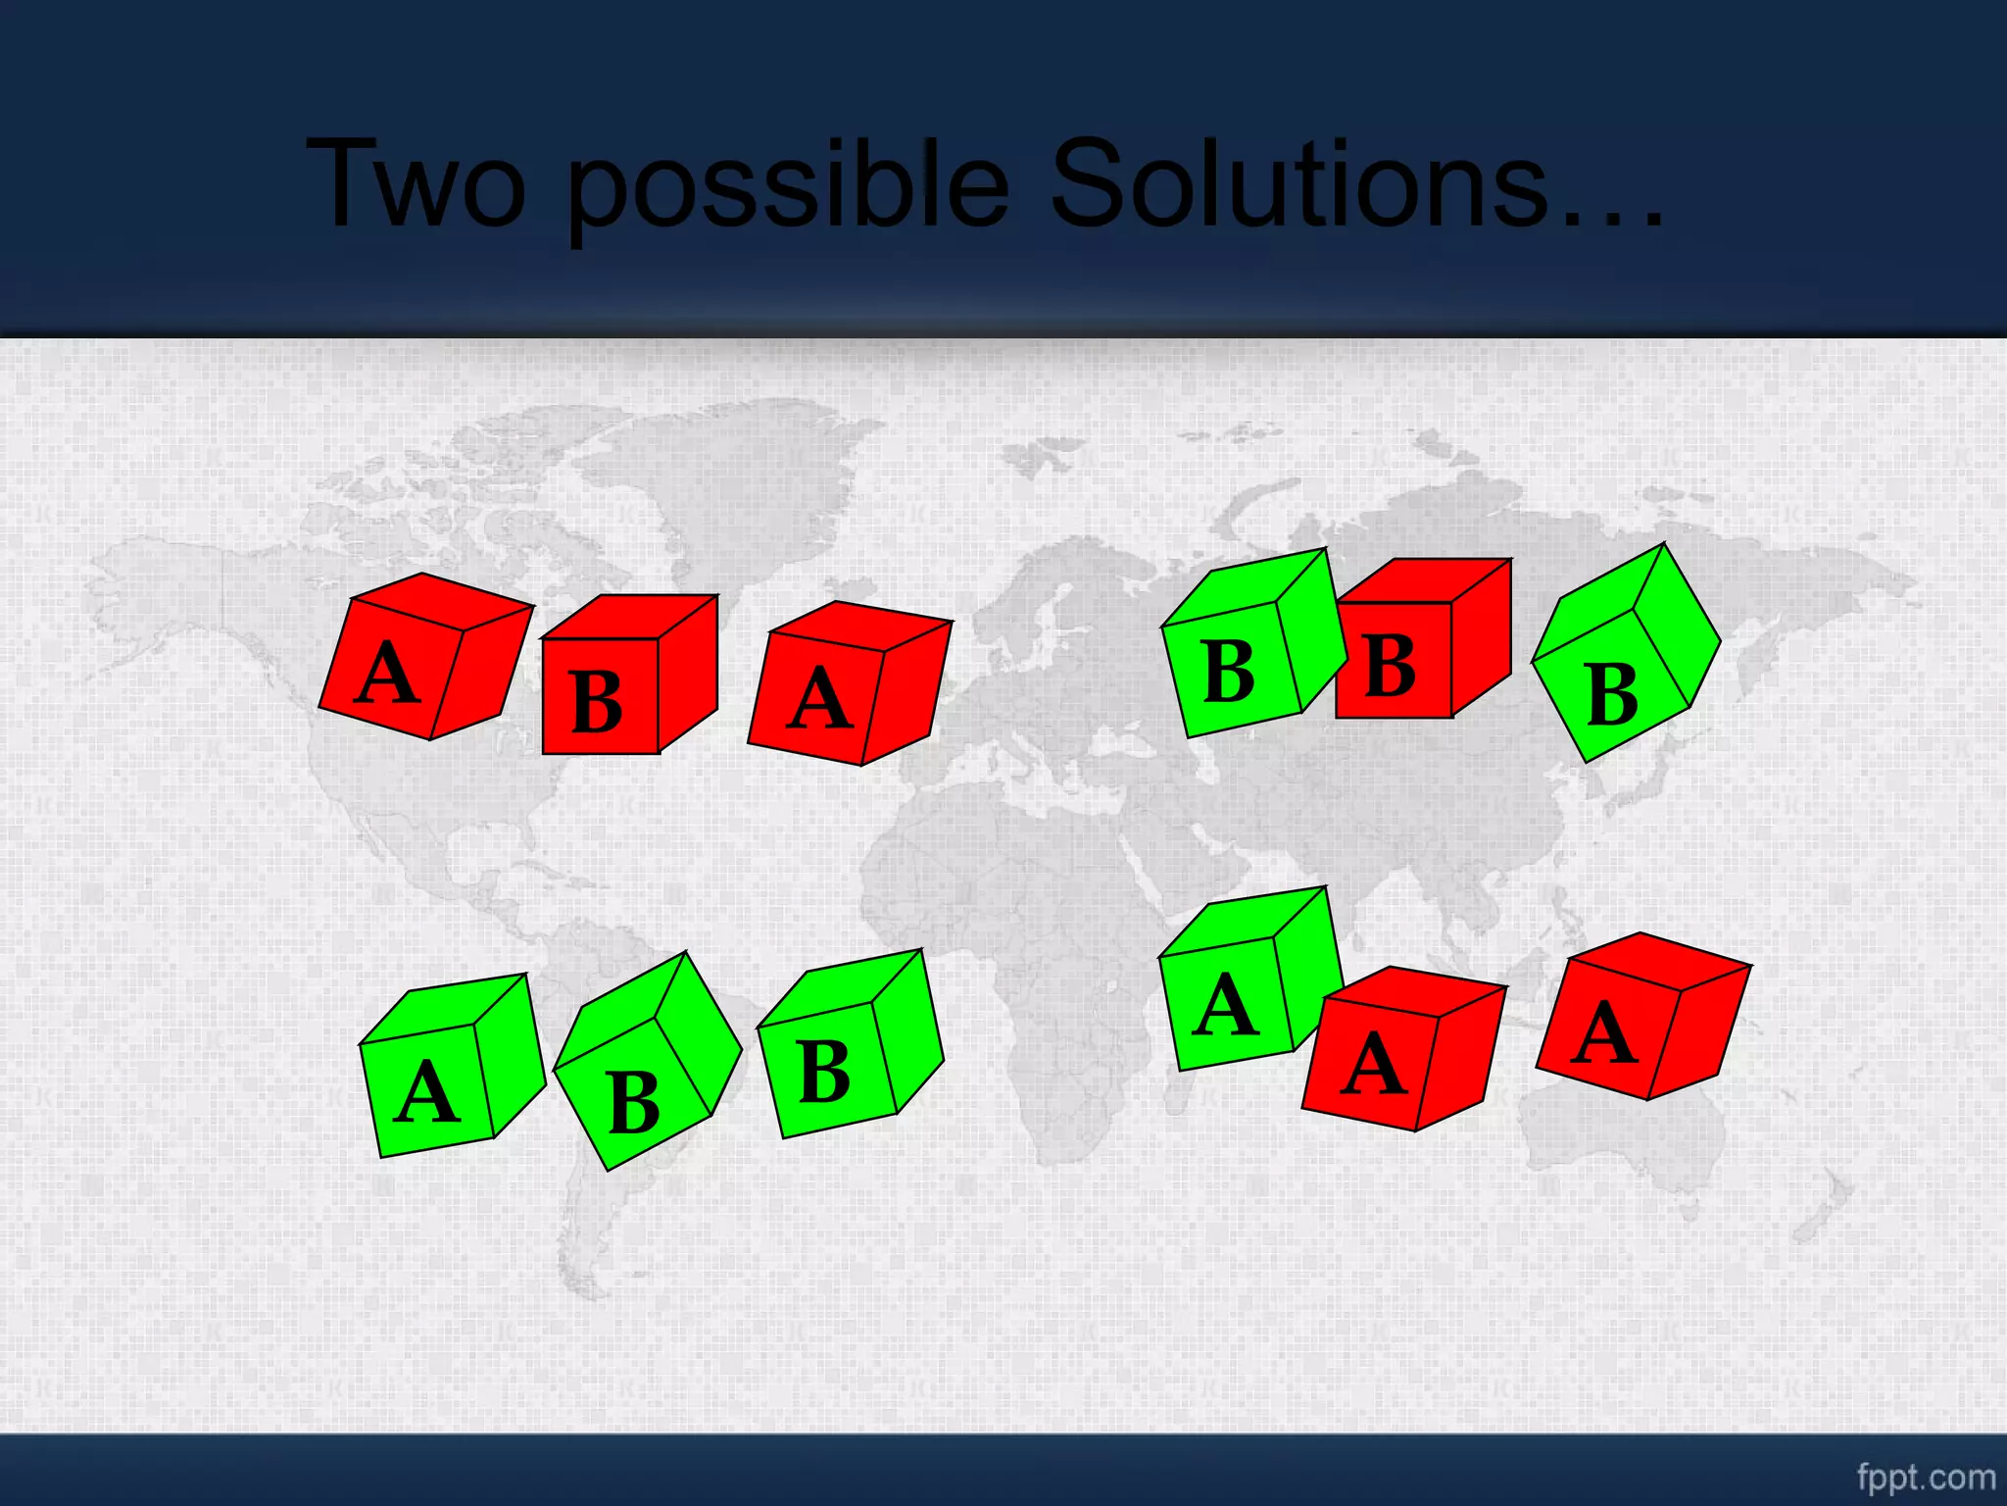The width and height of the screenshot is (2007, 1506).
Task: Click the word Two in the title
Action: click(416, 183)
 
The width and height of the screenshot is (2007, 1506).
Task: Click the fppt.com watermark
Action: click(1926, 1477)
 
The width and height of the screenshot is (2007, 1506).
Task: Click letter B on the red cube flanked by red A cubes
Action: click(596, 702)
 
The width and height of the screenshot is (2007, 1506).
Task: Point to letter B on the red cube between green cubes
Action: click(1390, 666)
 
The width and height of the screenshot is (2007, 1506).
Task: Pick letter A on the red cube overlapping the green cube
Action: click(1375, 1065)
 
